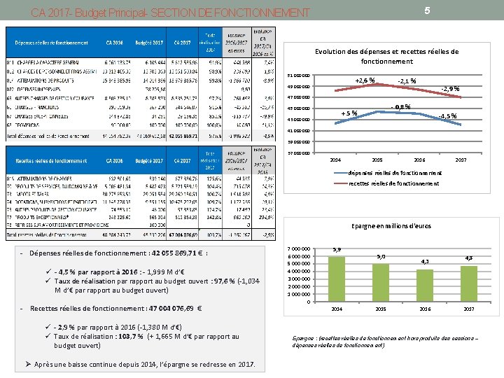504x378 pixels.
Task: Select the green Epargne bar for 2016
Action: coord(424,285)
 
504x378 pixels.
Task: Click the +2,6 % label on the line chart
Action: coord(365,80)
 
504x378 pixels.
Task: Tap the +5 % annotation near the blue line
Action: coord(349,113)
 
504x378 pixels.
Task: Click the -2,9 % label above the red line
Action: coord(449,89)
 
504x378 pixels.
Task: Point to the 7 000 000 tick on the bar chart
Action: coord(300,249)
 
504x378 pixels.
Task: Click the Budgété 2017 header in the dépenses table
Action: coord(148,42)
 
